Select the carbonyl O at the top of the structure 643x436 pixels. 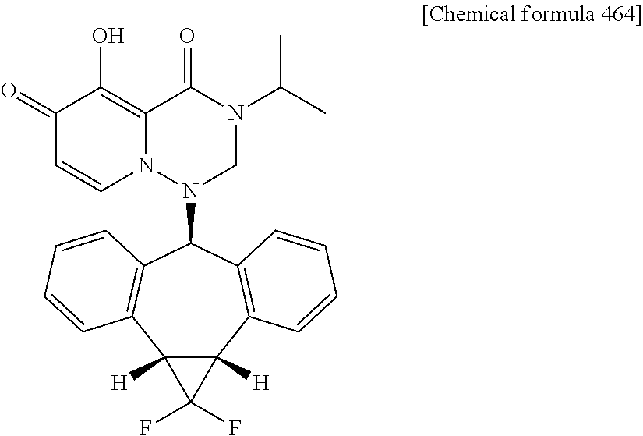[x=187, y=37]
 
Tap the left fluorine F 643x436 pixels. [x=146, y=427]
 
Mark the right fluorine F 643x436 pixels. [x=235, y=427]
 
